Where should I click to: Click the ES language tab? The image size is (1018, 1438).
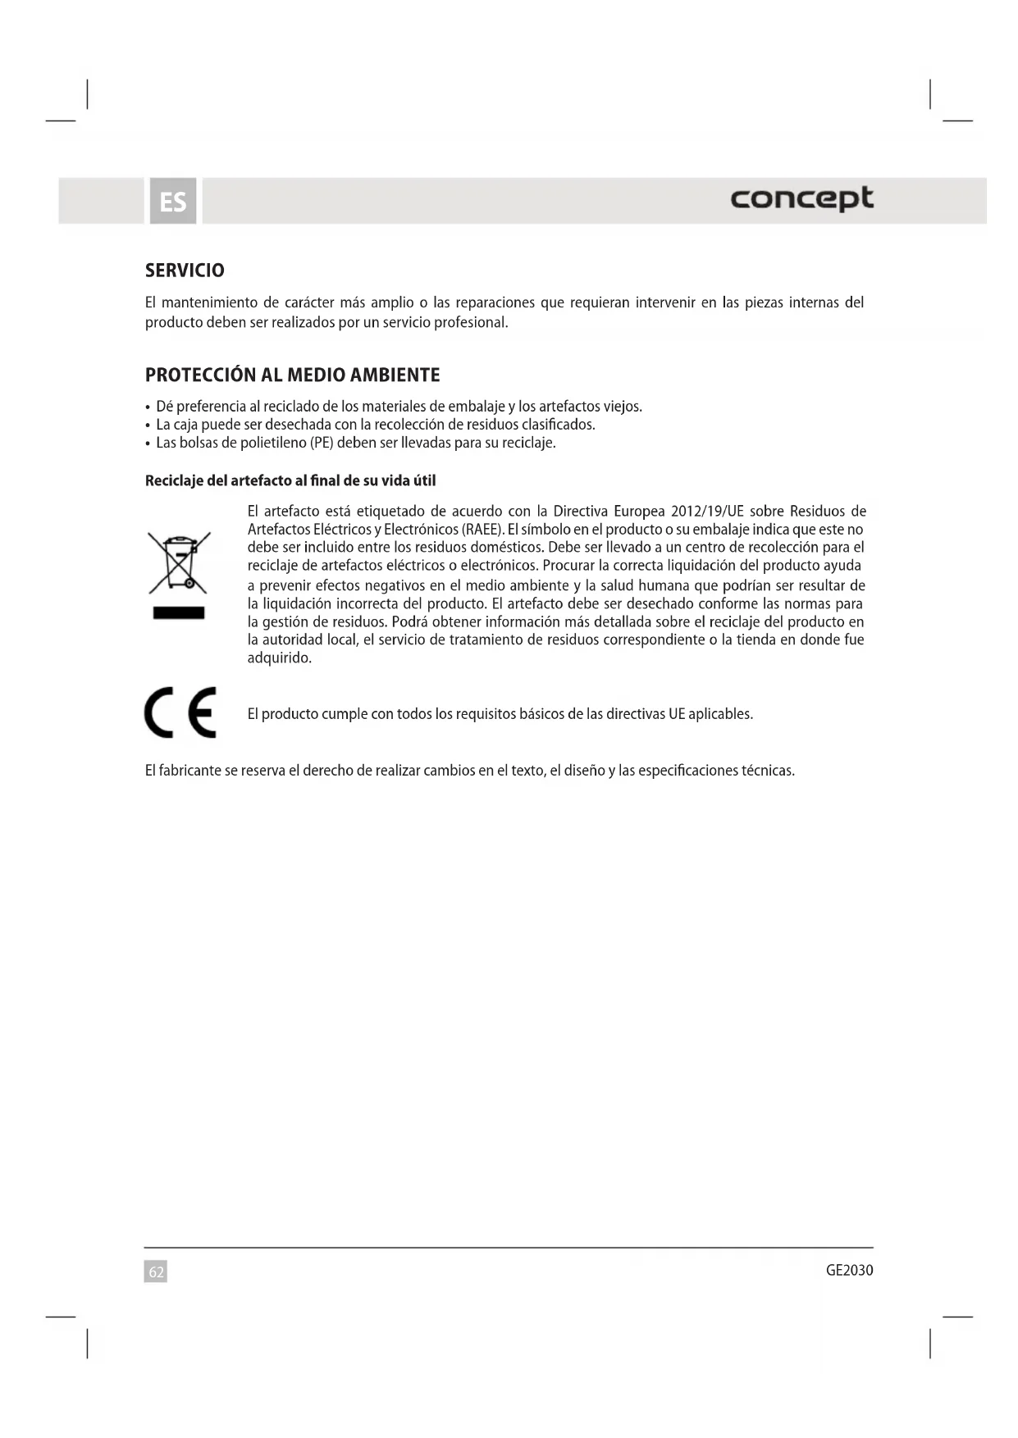pos(173,201)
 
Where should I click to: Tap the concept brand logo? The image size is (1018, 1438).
pos(801,199)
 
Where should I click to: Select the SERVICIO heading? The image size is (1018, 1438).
pos(185,271)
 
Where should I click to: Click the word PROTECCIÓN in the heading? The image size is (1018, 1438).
pos(200,375)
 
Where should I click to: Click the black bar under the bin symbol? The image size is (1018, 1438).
pos(179,613)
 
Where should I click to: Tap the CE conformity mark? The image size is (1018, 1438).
pos(180,712)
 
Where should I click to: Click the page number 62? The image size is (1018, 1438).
pos(156,1272)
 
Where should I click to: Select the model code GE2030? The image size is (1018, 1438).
pos(849,1270)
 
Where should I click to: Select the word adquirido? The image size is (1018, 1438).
pos(279,658)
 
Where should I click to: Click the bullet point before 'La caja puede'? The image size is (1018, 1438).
pos(148,425)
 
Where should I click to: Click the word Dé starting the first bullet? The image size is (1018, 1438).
pos(164,407)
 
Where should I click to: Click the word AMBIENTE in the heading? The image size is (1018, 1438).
pos(395,375)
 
